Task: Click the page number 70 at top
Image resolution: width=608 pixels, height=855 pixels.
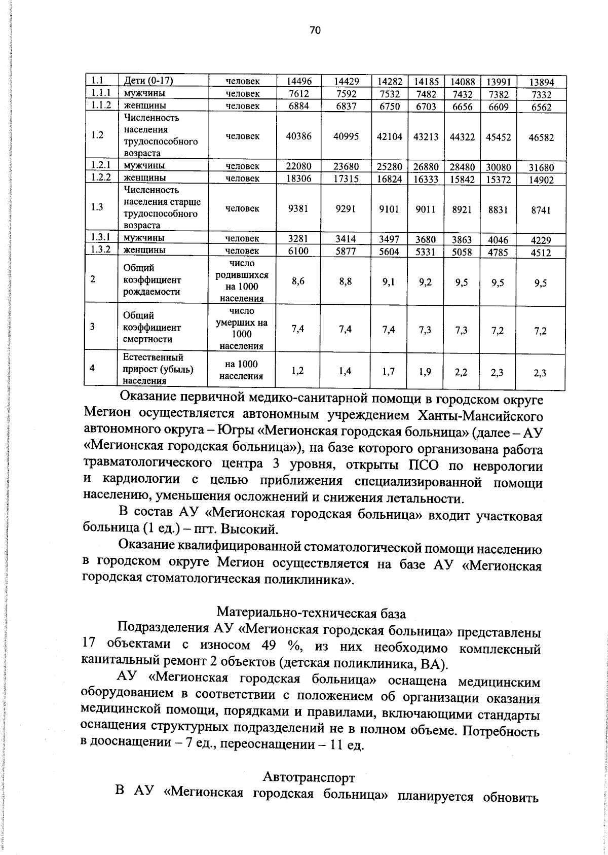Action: click(x=315, y=30)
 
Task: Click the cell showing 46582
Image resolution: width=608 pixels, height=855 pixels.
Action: click(x=541, y=137)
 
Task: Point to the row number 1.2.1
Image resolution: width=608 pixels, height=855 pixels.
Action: click(x=101, y=166)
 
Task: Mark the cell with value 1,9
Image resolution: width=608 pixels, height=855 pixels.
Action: click(x=425, y=372)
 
